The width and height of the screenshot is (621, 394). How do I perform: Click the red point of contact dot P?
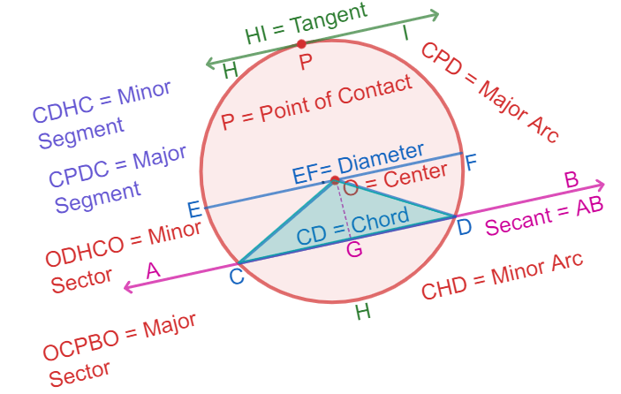[301, 43]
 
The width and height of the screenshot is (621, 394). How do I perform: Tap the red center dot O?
[335, 180]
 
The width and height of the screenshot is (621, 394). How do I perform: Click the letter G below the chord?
[354, 250]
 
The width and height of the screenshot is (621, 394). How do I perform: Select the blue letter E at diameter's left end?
[193, 209]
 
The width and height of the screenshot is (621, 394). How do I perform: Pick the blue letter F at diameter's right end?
[471, 163]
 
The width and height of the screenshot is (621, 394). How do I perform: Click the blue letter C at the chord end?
[237, 277]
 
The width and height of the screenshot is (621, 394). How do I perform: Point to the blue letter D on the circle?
[465, 227]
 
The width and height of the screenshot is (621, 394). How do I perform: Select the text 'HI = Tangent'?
[306, 25]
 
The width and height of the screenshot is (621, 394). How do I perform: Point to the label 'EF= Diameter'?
[358, 163]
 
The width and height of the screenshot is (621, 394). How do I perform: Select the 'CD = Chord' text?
[352, 227]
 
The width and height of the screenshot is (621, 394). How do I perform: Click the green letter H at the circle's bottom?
[361, 310]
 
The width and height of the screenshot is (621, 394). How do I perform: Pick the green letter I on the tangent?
[405, 34]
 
